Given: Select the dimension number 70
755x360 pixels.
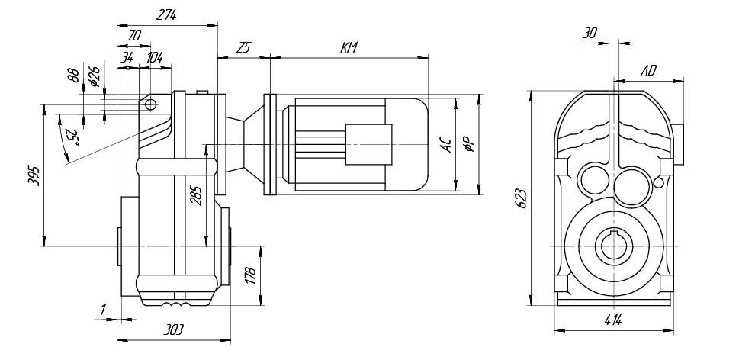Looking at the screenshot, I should pyautogui.click(x=133, y=35).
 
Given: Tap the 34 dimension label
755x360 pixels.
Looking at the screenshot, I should pyautogui.click(x=127, y=57).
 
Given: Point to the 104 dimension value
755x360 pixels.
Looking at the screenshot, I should pyautogui.click(x=154, y=57).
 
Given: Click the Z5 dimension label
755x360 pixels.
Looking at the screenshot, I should pyautogui.click(x=243, y=48).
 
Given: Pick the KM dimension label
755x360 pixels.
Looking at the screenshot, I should pyautogui.click(x=349, y=48).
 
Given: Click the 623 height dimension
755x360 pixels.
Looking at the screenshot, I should pyautogui.click(x=522, y=198).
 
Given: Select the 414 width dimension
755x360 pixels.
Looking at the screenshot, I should pyautogui.click(x=612, y=320).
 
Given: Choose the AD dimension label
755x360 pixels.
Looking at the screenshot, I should pyautogui.click(x=649, y=71).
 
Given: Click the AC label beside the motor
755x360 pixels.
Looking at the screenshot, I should pyautogui.click(x=448, y=144).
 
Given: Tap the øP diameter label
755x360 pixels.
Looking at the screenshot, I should pyautogui.click(x=471, y=144).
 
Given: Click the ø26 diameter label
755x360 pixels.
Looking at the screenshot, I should pyautogui.click(x=94, y=77).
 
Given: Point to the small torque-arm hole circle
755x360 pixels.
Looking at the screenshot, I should pyautogui.click(x=150, y=104).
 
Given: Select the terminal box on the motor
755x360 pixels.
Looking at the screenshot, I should pyautogui.click(x=369, y=144).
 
